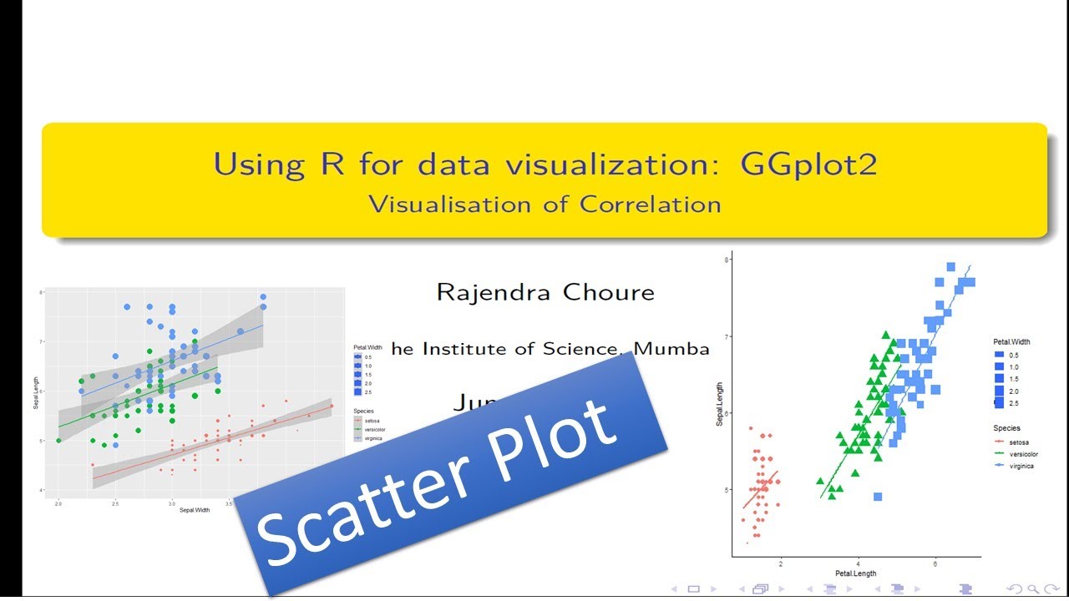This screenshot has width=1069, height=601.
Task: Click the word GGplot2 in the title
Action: coord(808,164)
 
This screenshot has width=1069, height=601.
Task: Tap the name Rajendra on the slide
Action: coord(494,292)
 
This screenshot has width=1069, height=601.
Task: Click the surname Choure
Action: coord(609,292)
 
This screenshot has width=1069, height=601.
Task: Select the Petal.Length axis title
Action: coord(856,573)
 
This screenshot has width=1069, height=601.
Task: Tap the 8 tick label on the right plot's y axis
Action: coord(727,260)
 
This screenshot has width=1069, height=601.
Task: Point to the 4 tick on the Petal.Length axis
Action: coord(858,564)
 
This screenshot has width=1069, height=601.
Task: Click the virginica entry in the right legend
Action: coord(1021,466)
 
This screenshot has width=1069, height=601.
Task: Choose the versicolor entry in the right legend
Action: coord(1023,454)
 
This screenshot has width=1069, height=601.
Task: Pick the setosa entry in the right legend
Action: coord(1019,442)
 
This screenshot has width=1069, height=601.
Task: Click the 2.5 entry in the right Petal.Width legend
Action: coord(1013,403)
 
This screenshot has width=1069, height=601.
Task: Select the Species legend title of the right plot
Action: coord(1006,428)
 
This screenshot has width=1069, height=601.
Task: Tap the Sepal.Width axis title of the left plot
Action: coord(194,510)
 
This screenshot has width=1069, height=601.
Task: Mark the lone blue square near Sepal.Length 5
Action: coord(878,497)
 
